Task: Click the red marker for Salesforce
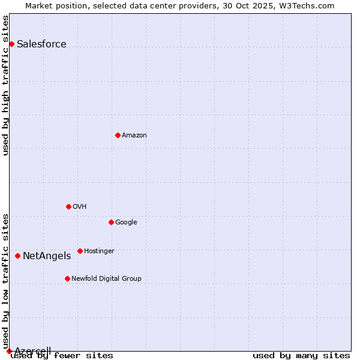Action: coord(11,44)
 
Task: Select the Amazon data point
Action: coord(118,135)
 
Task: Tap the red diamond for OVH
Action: coord(68,206)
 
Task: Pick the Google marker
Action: coord(111,222)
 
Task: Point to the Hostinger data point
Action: coord(80,251)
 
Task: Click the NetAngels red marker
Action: coord(17,256)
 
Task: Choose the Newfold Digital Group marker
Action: coord(67,278)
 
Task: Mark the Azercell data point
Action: coord(9,351)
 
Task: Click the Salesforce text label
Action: coord(41,44)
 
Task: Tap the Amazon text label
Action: coord(134,135)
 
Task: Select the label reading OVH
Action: coord(80,206)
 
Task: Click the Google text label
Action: coord(126,222)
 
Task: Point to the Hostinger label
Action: coord(99,251)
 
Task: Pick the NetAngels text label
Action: coord(47,256)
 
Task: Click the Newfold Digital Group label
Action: coord(106,278)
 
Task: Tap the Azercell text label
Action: coord(32,351)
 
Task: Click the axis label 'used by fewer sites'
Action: coord(62,356)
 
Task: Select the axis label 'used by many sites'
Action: coord(301,356)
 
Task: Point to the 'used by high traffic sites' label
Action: coord(6,85)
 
